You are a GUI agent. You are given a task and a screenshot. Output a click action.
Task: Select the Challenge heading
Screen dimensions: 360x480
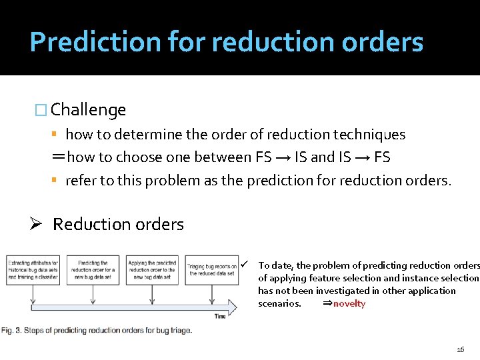88,109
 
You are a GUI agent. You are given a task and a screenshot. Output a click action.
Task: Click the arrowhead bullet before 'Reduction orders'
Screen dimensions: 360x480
38,224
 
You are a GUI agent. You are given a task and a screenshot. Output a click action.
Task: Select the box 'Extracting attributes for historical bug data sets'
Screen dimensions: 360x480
33,269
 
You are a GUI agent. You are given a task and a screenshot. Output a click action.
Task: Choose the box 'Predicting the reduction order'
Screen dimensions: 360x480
93,269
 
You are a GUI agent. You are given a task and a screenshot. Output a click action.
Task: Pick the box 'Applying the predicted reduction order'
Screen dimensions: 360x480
152,269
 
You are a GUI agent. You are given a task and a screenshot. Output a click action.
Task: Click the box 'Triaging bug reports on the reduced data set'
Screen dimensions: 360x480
211,269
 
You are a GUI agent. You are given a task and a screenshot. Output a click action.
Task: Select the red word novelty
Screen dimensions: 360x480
349,303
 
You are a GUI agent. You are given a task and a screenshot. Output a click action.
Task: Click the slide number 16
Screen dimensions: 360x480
460,349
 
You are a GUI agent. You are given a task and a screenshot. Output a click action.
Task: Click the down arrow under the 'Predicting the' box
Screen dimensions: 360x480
93,293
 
